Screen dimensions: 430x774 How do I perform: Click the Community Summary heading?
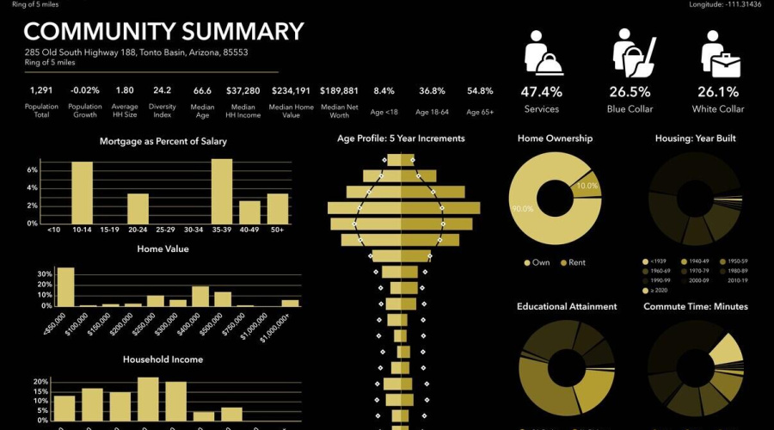(163, 33)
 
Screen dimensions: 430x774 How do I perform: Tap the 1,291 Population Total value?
(41, 90)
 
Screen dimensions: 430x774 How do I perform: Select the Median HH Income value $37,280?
(243, 90)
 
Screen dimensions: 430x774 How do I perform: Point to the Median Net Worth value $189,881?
(339, 90)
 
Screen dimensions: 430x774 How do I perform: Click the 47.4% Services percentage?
(542, 92)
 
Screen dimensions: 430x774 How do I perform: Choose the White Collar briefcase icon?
(722, 53)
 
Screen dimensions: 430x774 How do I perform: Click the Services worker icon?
(542, 53)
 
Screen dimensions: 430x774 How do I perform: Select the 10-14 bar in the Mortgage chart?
(82, 193)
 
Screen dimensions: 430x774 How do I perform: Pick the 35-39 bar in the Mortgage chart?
(221, 191)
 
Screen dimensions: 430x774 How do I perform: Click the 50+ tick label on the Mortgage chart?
(277, 230)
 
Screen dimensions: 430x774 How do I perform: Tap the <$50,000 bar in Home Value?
(65, 287)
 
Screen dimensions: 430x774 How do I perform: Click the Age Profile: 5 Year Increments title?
(401, 138)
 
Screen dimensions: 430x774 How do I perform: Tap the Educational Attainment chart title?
(567, 306)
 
